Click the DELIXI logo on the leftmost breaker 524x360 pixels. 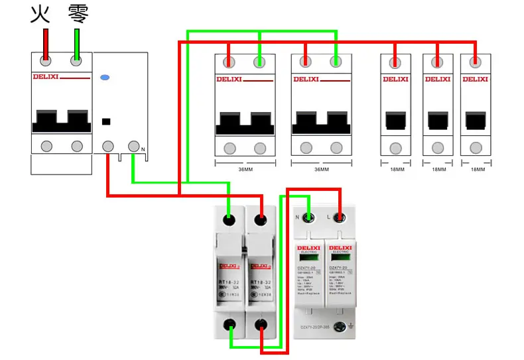click(46, 77)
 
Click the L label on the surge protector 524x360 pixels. click(328, 217)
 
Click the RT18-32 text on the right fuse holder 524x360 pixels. click(259, 282)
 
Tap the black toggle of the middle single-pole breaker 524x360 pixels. click(437, 120)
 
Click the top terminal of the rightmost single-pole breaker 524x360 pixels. click(475, 63)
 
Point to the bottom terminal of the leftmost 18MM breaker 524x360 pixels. click(395, 148)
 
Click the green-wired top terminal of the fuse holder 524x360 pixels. click(229, 219)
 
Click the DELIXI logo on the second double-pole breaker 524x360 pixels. click(306, 80)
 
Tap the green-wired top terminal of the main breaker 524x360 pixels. click(77, 61)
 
